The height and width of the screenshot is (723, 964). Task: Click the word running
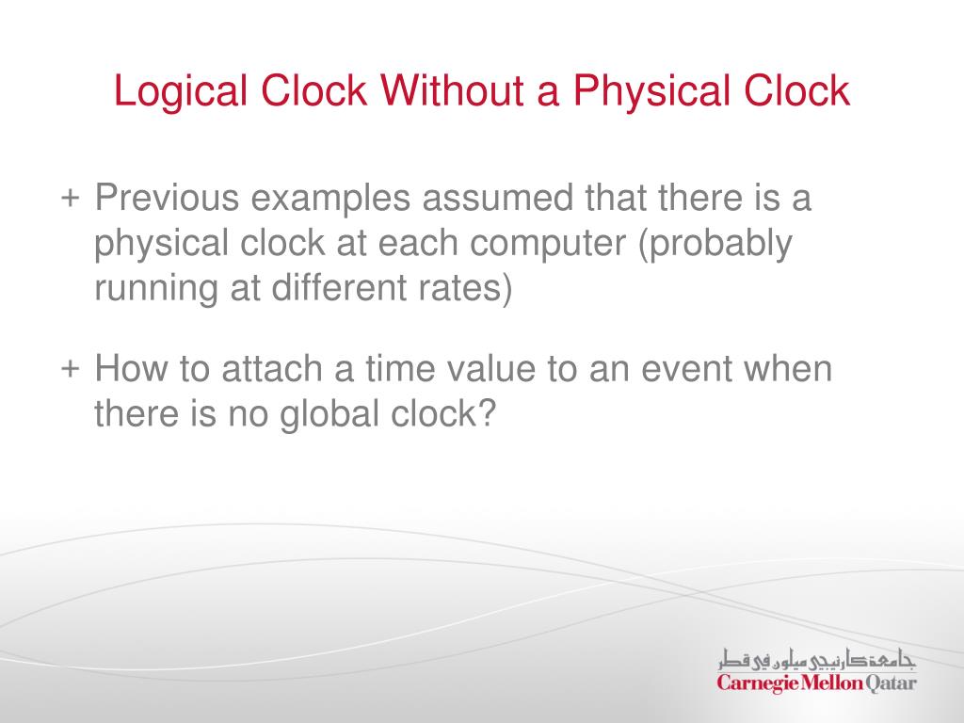click(153, 287)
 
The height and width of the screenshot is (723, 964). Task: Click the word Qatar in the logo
click(891, 683)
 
